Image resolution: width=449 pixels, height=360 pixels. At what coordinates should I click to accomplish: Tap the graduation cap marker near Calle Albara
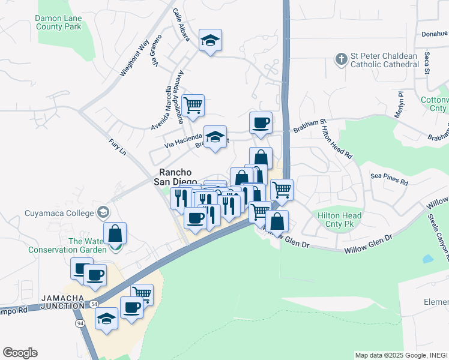point(210,41)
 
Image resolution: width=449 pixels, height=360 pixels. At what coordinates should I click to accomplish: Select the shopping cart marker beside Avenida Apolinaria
point(193,106)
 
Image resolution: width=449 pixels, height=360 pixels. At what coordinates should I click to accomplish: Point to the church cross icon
point(341,59)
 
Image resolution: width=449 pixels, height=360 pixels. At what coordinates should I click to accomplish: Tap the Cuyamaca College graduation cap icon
point(104,212)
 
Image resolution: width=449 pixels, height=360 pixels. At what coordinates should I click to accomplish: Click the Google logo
point(20,353)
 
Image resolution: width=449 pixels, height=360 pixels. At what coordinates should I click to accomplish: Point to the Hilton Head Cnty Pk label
point(339,220)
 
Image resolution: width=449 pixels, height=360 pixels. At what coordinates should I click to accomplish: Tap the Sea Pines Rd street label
point(389,179)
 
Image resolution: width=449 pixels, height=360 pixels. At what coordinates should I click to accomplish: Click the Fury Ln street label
point(118,147)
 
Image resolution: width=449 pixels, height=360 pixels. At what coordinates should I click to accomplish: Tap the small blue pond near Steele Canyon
point(427,259)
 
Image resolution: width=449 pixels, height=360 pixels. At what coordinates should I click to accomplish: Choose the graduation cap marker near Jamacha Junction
point(106,318)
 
